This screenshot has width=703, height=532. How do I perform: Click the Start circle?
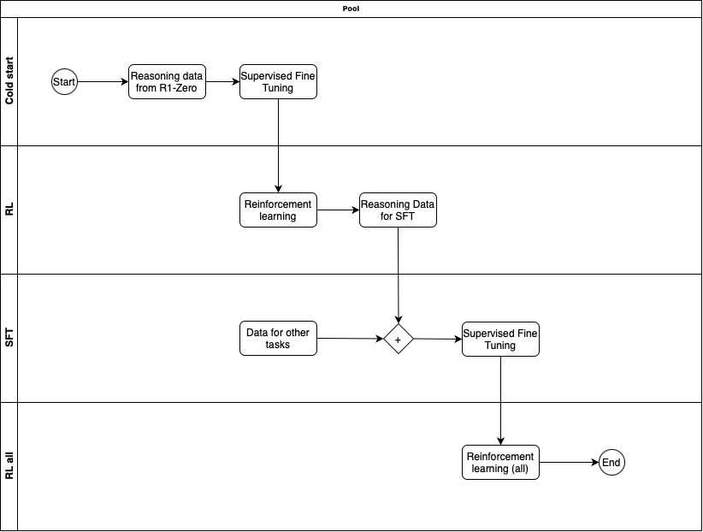(64, 82)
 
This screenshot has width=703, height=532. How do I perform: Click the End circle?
(611, 463)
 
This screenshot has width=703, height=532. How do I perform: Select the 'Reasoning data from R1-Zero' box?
(167, 82)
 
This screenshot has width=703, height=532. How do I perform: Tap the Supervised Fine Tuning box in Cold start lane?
(278, 82)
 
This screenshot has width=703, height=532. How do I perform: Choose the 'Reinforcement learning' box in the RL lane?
(278, 210)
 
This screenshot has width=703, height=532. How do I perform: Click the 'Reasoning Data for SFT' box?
(398, 210)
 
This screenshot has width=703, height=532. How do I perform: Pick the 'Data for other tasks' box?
(278, 339)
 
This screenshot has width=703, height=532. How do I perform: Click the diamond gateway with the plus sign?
(398, 339)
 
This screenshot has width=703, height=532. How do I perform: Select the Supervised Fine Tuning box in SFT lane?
(500, 339)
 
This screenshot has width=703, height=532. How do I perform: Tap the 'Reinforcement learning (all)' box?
(500, 463)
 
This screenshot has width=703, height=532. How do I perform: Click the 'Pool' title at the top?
(351, 9)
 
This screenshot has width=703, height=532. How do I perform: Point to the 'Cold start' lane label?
(9, 82)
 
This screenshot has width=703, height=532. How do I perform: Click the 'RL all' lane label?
(9, 466)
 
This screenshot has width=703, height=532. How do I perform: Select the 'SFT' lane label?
(9, 339)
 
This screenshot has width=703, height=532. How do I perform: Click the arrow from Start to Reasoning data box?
(103, 82)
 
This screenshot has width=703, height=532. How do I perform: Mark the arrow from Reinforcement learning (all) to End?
(569, 463)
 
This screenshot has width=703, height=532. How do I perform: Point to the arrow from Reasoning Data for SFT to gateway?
(398, 274)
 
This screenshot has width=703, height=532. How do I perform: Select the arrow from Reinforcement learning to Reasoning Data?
(338, 210)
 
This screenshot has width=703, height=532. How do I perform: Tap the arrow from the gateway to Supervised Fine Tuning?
(438, 339)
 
